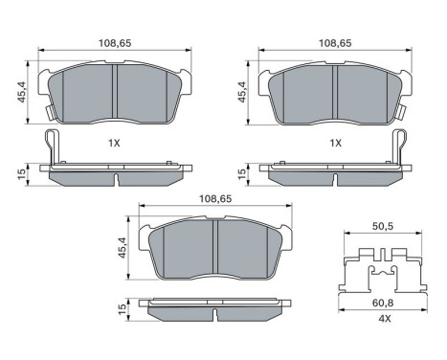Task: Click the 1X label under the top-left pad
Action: pyautogui.click(x=114, y=143)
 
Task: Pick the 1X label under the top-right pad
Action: pyautogui.click(x=336, y=143)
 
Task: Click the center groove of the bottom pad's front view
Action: pyautogui.click(x=214, y=252)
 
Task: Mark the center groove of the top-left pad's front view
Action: pyautogui.click(x=114, y=94)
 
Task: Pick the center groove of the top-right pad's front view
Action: pyautogui.click(x=336, y=94)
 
